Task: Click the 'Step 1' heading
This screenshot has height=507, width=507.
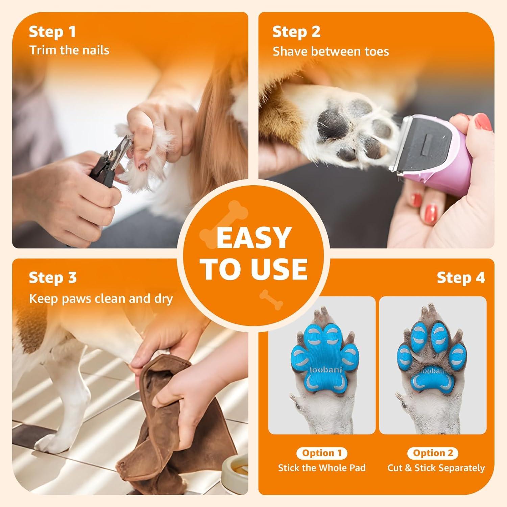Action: tap(52, 32)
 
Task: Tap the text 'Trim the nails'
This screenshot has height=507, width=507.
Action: tap(69, 50)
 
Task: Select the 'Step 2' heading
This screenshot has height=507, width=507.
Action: tap(296, 32)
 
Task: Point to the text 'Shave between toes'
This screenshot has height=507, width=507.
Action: tap(331, 51)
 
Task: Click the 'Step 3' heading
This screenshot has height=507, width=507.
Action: tap(53, 277)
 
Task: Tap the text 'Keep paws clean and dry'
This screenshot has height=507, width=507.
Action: tap(101, 298)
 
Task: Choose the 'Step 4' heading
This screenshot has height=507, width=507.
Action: tap(461, 277)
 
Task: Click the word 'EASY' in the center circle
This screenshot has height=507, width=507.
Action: tap(254, 238)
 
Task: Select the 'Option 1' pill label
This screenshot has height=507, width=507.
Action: tap(321, 453)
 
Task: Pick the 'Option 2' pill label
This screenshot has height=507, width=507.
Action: tap(433, 453)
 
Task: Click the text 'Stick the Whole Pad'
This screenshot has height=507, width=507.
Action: tap(322, 468)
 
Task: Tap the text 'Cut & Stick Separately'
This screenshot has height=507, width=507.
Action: tap(436, 468)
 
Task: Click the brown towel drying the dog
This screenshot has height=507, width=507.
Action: tap(159, 422)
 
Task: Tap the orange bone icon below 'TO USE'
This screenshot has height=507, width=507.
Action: tap(271, 299)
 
